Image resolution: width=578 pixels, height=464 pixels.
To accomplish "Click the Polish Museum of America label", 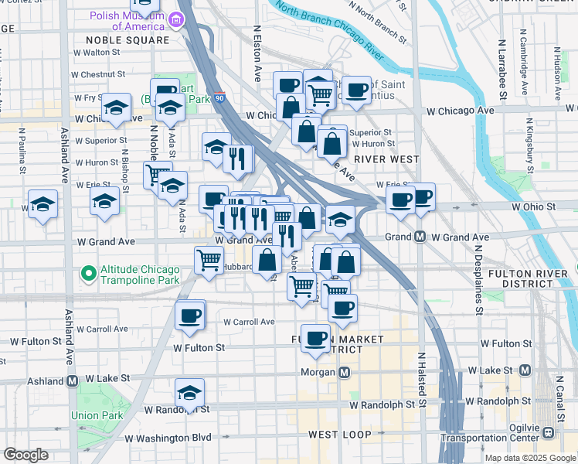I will pos(126,20).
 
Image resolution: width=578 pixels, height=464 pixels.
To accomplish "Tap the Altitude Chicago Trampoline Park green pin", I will pos(89,273).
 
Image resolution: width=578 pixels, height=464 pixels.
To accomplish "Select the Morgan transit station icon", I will pos(345,373).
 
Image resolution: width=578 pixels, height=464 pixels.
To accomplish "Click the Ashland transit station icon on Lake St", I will pos(72,381).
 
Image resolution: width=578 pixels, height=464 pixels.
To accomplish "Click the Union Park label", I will pos(97,415).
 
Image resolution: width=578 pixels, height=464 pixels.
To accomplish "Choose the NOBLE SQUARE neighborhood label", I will pos(127,40).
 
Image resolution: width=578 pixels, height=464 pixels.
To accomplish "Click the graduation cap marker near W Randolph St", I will pos(189,393).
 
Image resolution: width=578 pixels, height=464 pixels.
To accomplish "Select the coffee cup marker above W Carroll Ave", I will pos(189,315).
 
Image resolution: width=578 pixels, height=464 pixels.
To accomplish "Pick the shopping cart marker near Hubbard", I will pos(209,261).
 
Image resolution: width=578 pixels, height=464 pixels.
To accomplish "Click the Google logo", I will pos(25,455).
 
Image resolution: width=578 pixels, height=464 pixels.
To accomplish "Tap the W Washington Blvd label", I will pos(168,438).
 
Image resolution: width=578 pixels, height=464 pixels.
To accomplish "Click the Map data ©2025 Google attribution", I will pos(529,458).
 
